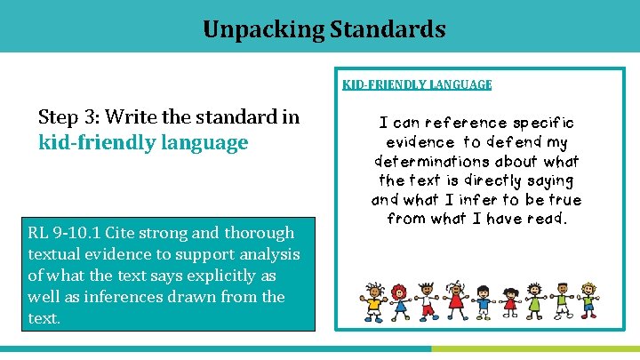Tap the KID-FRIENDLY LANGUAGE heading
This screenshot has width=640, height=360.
[417, 84]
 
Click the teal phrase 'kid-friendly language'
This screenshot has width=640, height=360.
[143, 141]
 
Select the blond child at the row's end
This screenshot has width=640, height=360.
[588, 302]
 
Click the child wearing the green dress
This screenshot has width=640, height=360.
[533, 302]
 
